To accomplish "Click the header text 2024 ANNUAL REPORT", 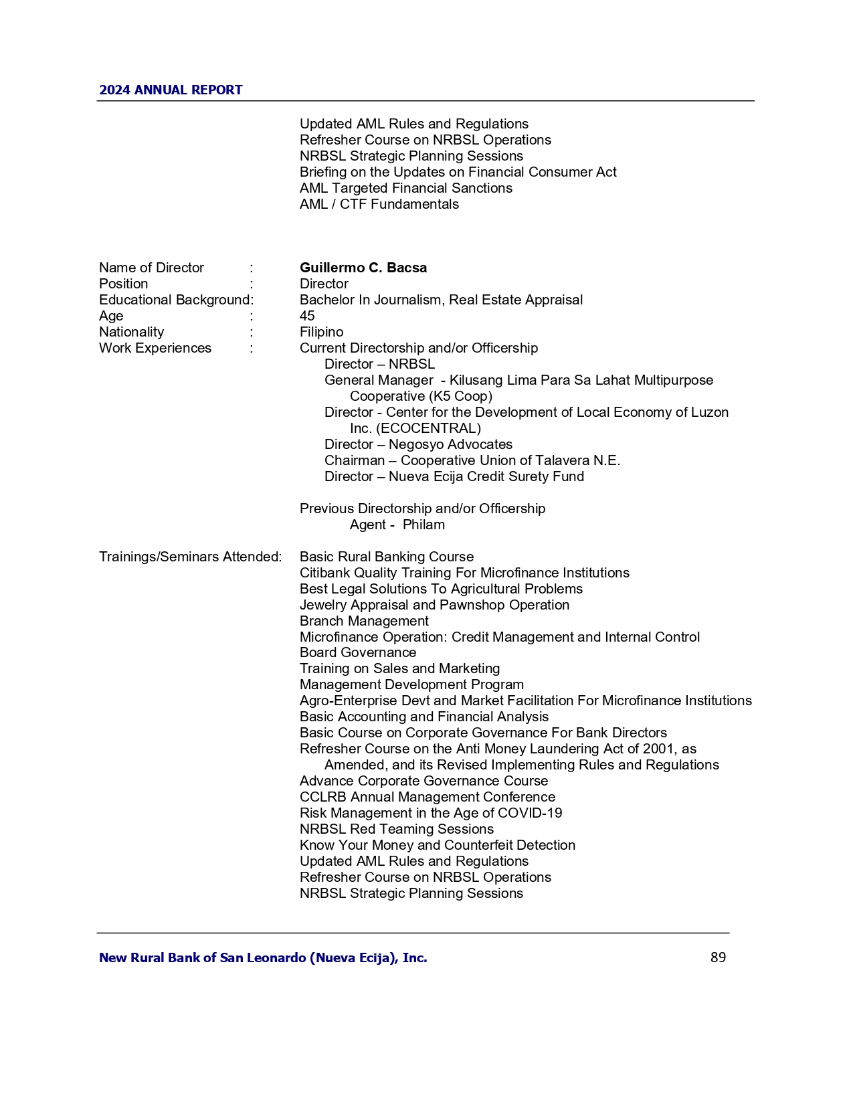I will tap(171, 90).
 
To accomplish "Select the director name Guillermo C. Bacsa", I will tap(363, 268).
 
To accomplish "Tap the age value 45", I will tap(307, 316).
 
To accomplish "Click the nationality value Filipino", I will tap(321, 332).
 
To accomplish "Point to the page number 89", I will tap(718, 957).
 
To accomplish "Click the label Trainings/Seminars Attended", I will tap(190, 557).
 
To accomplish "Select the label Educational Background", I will tap(175, 300).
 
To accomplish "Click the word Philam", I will tap(423, 525).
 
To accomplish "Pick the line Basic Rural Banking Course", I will tap(386, 557).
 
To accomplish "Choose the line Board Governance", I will tap(357, 652).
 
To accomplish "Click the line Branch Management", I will tap(364, 621).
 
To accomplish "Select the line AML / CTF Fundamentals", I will tap(379, 204).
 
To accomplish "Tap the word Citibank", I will tap(324, 573).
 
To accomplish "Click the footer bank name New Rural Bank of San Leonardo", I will tap(263, 957).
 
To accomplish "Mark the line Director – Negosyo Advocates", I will tap(418, 444).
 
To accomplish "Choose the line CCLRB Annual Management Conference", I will tap(427, 797).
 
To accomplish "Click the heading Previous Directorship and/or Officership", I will tap(422, 509).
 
